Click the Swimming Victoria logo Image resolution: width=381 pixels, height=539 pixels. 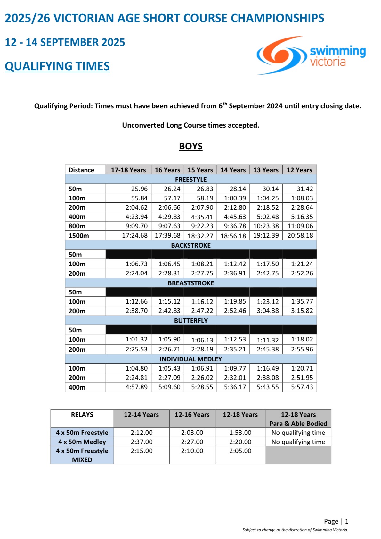click(311, 55)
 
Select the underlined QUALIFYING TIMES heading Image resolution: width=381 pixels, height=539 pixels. click(57, 66)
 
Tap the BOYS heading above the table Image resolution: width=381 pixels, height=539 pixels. click(191, 146)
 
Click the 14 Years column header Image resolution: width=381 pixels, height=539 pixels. click(233, 170)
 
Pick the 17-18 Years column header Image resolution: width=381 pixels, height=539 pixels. click(128, 170)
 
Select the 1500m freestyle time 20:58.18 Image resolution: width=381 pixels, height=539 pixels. click(300, 235)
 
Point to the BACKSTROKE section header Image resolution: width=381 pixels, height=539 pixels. click(191, 245)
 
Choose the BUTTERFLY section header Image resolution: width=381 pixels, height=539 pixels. click(191, 321)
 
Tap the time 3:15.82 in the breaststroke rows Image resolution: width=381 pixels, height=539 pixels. click(302, 311)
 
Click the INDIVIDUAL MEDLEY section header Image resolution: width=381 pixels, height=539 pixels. click(191, 359)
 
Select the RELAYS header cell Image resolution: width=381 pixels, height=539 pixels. click(82, 415)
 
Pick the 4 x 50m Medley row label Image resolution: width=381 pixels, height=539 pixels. click(82, 442)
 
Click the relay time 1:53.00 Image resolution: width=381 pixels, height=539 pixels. click(240, 433)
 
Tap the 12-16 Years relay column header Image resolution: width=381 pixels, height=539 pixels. click(192, 415)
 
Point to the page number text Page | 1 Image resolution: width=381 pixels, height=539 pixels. click(336, 521)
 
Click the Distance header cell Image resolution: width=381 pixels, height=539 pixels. click(81, 170)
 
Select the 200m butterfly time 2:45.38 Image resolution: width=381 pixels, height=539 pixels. click(268, 349)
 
